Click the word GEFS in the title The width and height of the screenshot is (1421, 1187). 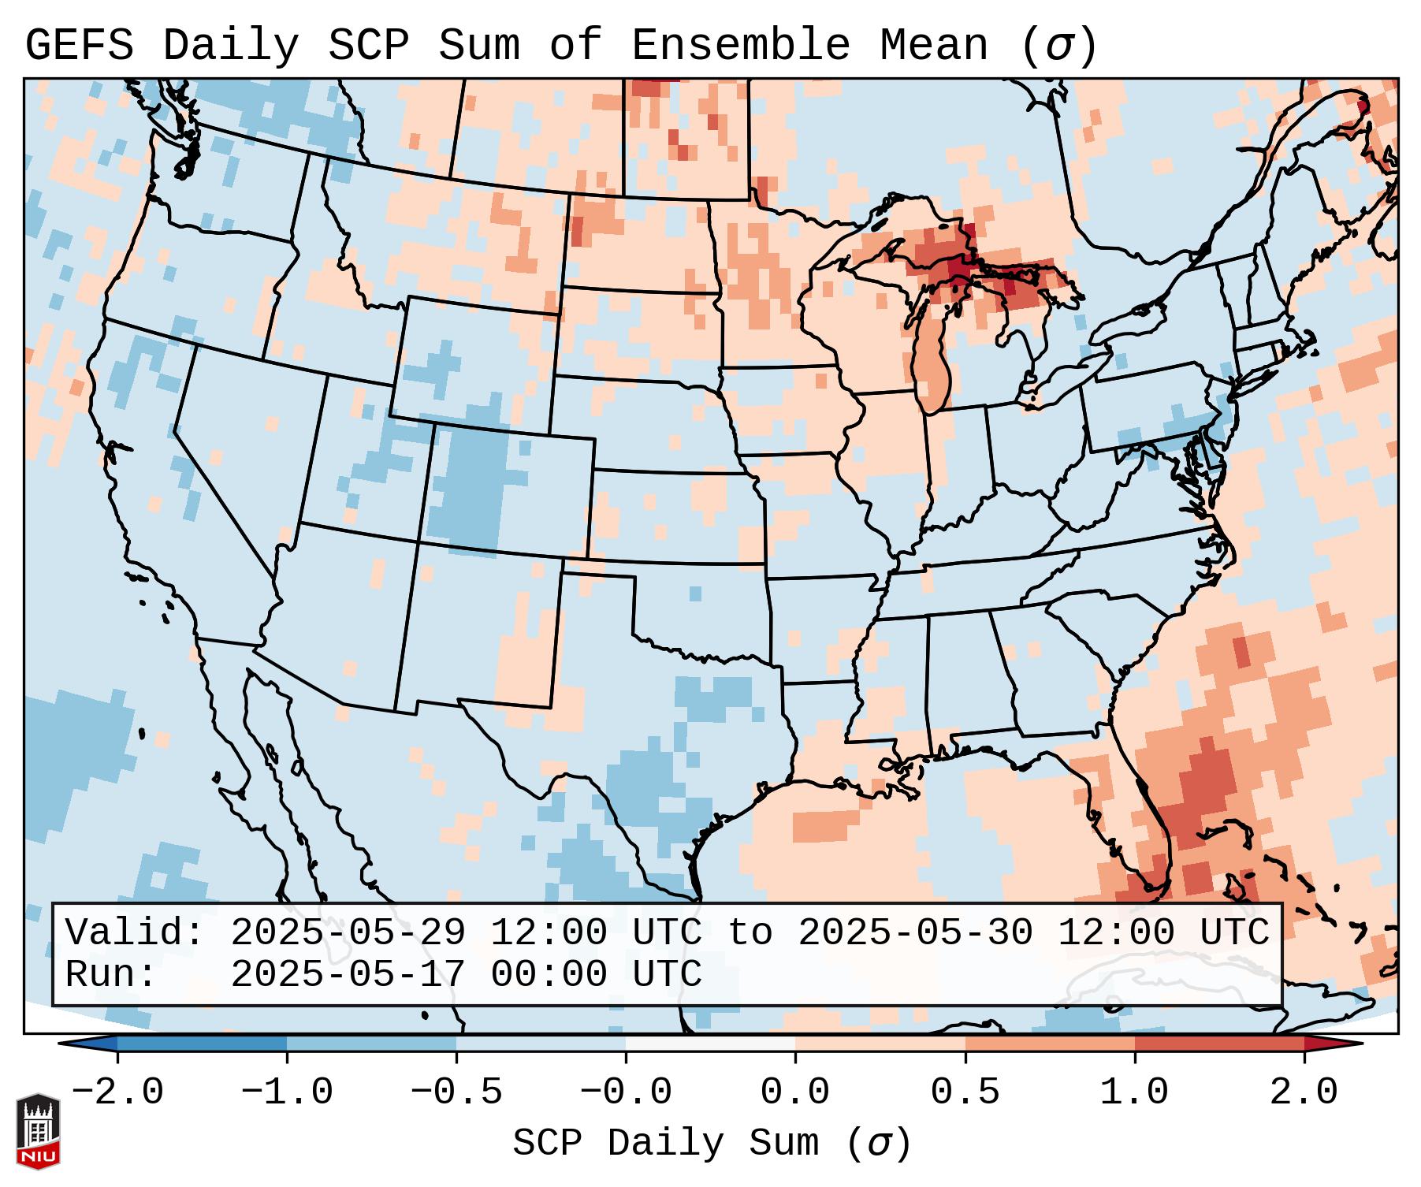79,46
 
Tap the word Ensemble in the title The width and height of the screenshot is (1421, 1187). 740,46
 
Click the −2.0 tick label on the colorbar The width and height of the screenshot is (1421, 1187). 117,1092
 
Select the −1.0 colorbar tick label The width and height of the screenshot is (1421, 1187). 287,1092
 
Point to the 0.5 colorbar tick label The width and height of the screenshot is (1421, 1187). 965,1092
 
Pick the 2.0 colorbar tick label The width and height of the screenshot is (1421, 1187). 1304,1092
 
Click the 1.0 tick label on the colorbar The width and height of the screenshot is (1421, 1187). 1135,1092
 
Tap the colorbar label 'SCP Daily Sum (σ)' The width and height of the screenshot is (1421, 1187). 712,1143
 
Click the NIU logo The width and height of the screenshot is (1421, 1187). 38,1131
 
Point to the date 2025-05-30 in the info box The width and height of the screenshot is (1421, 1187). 915,933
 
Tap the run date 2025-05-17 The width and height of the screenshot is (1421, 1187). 348,975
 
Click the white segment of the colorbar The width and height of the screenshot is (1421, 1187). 710,1044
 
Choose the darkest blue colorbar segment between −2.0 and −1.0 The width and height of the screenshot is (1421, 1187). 202,1044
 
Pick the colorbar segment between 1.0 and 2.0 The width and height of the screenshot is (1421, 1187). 1219,1044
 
